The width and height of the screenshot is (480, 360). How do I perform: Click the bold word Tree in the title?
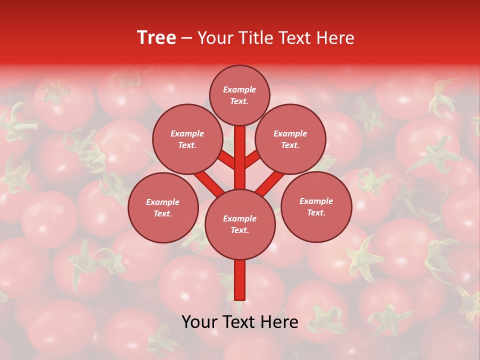[x=156, y=38]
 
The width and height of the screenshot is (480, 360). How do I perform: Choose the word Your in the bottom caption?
[x=199, y=322]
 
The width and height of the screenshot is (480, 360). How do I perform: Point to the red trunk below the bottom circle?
[x=239, y=280]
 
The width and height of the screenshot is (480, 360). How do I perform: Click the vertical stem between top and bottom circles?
[x=239, y=157]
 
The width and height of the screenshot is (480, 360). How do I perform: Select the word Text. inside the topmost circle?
[x=239, y=101]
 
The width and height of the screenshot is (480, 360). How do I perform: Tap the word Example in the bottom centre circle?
[x=239, y=218]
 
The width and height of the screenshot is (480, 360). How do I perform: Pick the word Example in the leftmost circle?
[x=162, y=202]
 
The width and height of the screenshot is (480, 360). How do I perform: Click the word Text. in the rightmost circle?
[x=316, y=212]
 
